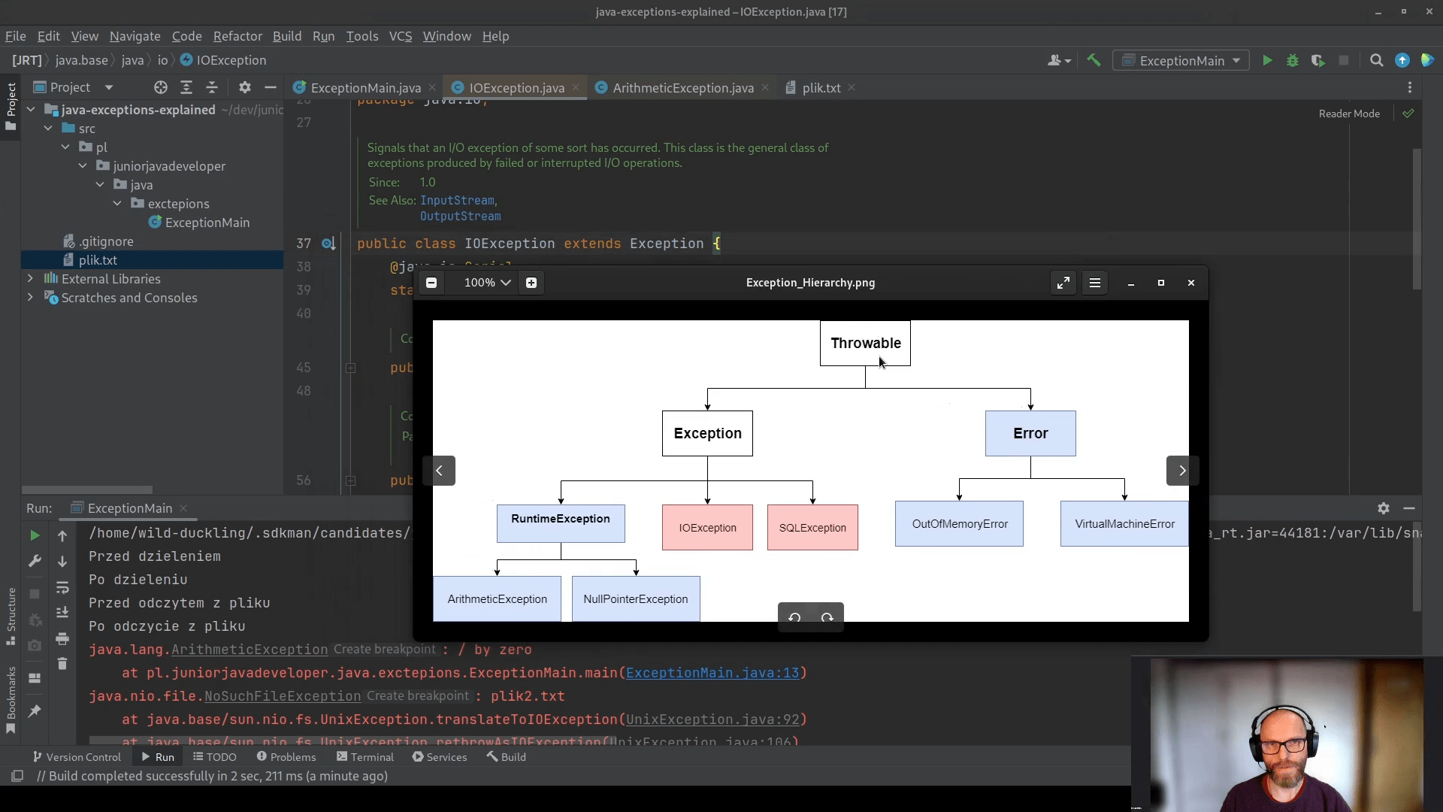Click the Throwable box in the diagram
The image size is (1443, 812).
tap(864, 343)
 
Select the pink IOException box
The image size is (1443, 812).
tap(706, 527)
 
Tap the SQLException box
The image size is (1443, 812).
tap(812, 527)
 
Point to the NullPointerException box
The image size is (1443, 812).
tap(635, 598)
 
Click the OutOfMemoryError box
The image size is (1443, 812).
tap(959, 523)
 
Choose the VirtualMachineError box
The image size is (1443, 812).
tap(1124, 523)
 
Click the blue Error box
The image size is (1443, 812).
tap(1030, 433)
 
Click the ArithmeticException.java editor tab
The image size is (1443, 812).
tap(682, 88)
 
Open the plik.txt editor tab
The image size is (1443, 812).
tap(821, 88)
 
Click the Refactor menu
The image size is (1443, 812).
tap(237, 36)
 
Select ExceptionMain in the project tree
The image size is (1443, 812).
tap(207, 223)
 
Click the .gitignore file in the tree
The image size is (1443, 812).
tap(106, 241)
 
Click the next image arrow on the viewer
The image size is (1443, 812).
tap(1181, 471)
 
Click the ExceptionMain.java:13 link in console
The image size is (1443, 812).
tap(712, 673)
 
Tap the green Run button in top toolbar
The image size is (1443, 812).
tap(1267, 61)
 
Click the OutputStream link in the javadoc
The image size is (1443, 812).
tap(460, 217)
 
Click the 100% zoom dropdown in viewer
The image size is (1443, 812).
tap(487, 283)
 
